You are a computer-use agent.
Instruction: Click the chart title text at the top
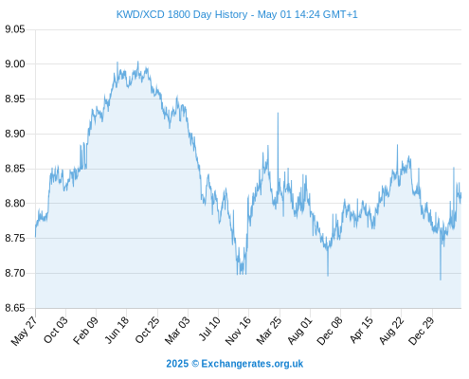[237, 14]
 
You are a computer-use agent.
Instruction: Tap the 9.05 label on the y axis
[15, 29]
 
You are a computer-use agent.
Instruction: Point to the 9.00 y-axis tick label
[15, 64]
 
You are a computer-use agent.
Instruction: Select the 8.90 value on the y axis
[15, 134]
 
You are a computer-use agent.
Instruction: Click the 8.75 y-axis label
[15, 238]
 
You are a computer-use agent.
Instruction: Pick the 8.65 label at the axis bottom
[15, 308]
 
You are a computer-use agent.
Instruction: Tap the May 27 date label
[24, 331]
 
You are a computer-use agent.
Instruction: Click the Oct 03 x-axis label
[56, 330]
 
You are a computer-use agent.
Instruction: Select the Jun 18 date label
[117, 330]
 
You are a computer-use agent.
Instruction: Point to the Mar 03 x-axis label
[177, 330]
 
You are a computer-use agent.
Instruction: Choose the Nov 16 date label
[238, 331]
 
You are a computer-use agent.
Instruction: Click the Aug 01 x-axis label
[299, 331]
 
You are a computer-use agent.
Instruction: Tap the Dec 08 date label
[330, 331]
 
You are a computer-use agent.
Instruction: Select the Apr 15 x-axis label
[361, 330]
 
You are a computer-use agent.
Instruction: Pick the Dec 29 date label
[422, 331]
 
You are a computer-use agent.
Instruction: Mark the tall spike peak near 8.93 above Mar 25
[278, 113]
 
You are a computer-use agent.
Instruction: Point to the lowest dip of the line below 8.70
[441, 280]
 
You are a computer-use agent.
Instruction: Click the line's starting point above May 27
[35, 237]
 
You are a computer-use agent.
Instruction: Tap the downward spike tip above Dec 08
[328, 276]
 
